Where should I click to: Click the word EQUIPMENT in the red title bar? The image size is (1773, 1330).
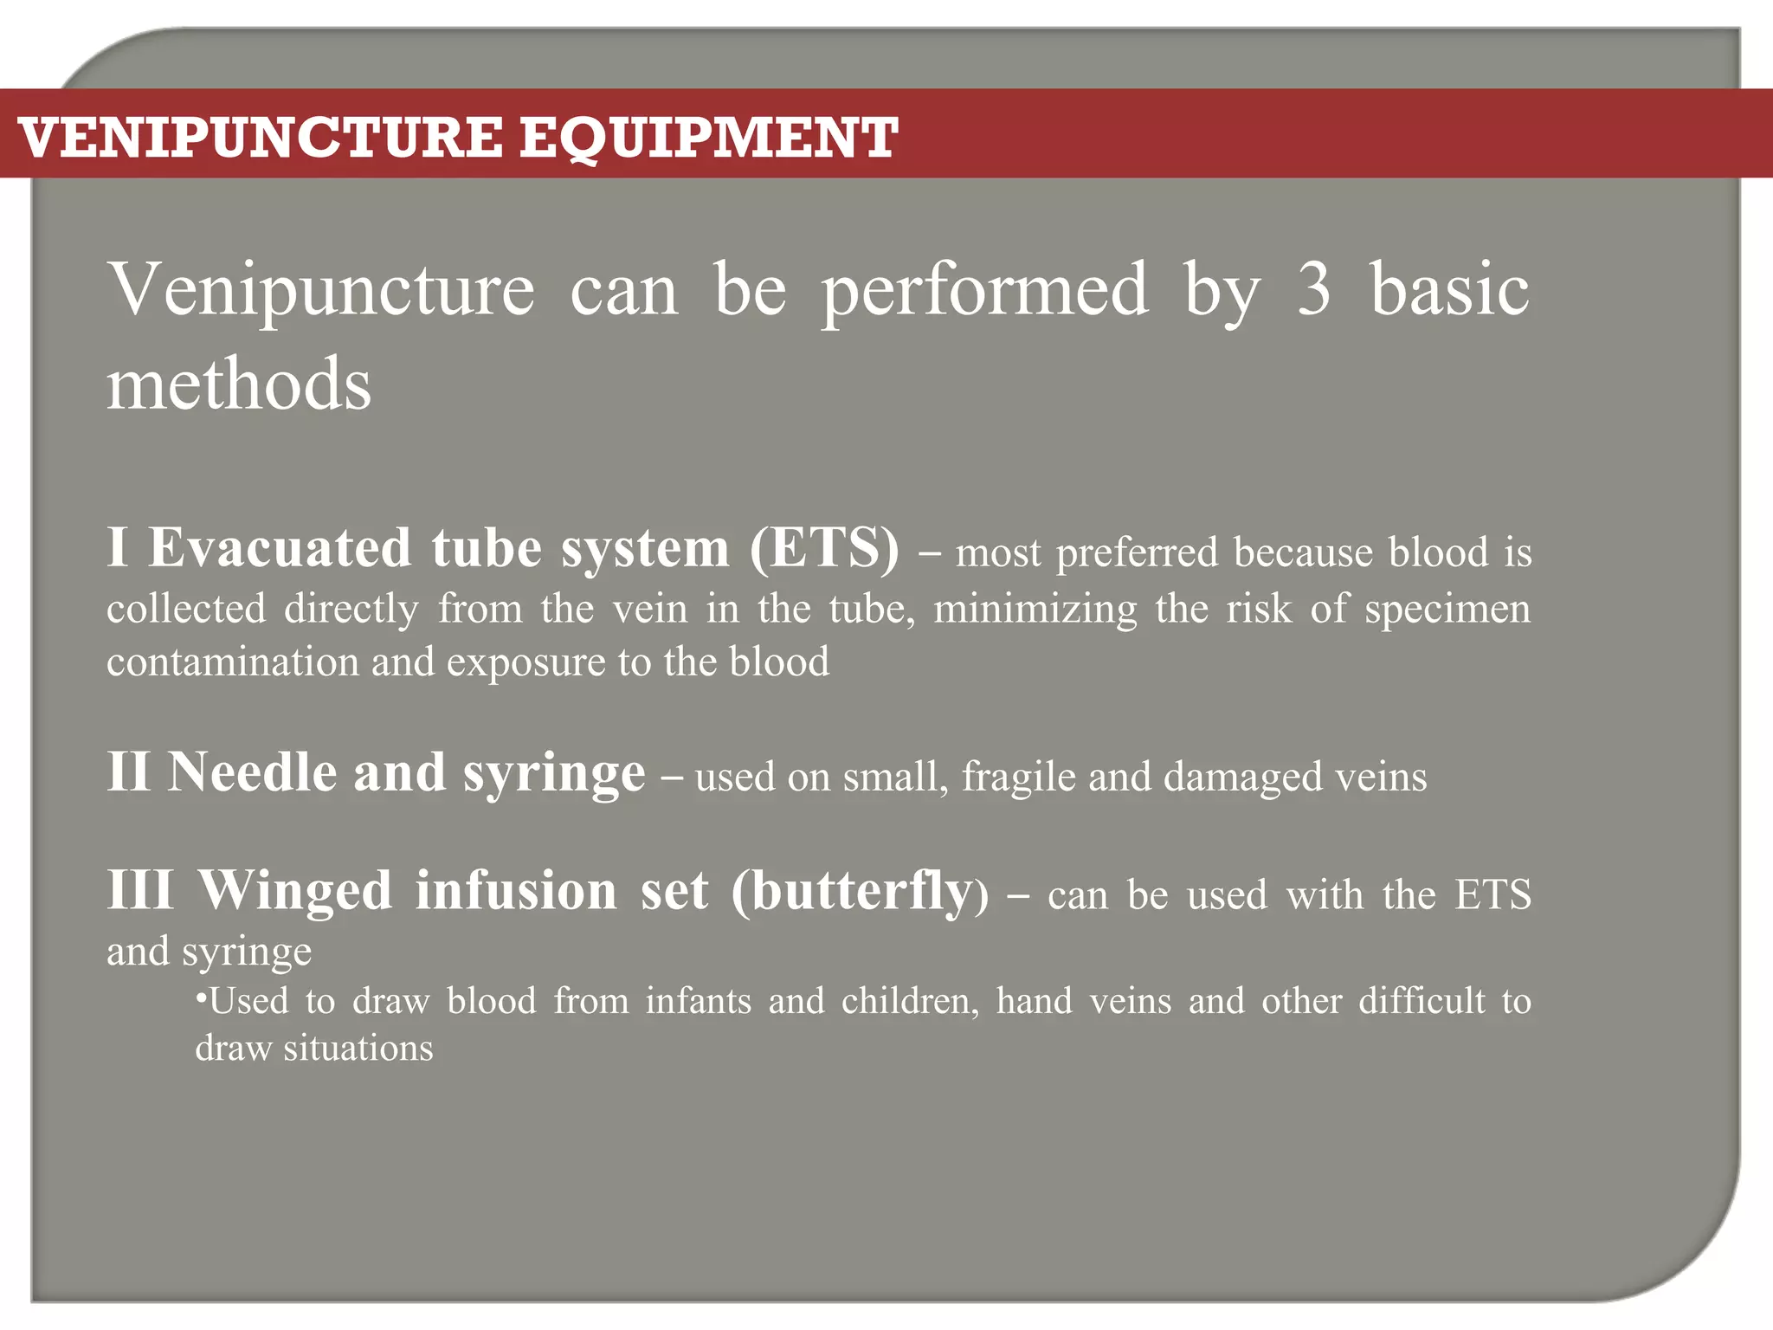click(x=708, y=138)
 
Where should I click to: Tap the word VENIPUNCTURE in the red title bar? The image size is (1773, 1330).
click(x=260, y=138)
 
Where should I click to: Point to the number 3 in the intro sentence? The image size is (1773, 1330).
click(x=1313, y=290)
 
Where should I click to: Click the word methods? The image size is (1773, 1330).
click(x=239, y=384)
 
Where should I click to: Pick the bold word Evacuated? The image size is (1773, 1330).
click(x=280, y=548)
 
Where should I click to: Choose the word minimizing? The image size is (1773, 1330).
click(x=1035, y=609)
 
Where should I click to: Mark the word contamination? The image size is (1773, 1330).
click(x=232, y=662)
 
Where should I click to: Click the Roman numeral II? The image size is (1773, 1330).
click(x=129, y=772)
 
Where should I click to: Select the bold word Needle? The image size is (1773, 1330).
click(x=252, y=772)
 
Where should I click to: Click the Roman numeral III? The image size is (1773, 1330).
click(x=140, y=890)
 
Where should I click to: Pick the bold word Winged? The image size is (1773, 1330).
click(x=295, y=890)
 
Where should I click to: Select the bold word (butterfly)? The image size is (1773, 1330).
click(x=859, y=892)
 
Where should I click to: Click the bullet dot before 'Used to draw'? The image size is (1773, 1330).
click(x=201, y=999)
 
